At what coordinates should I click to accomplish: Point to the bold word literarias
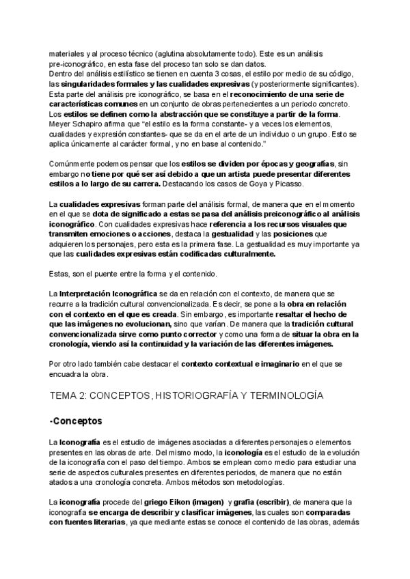103,522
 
